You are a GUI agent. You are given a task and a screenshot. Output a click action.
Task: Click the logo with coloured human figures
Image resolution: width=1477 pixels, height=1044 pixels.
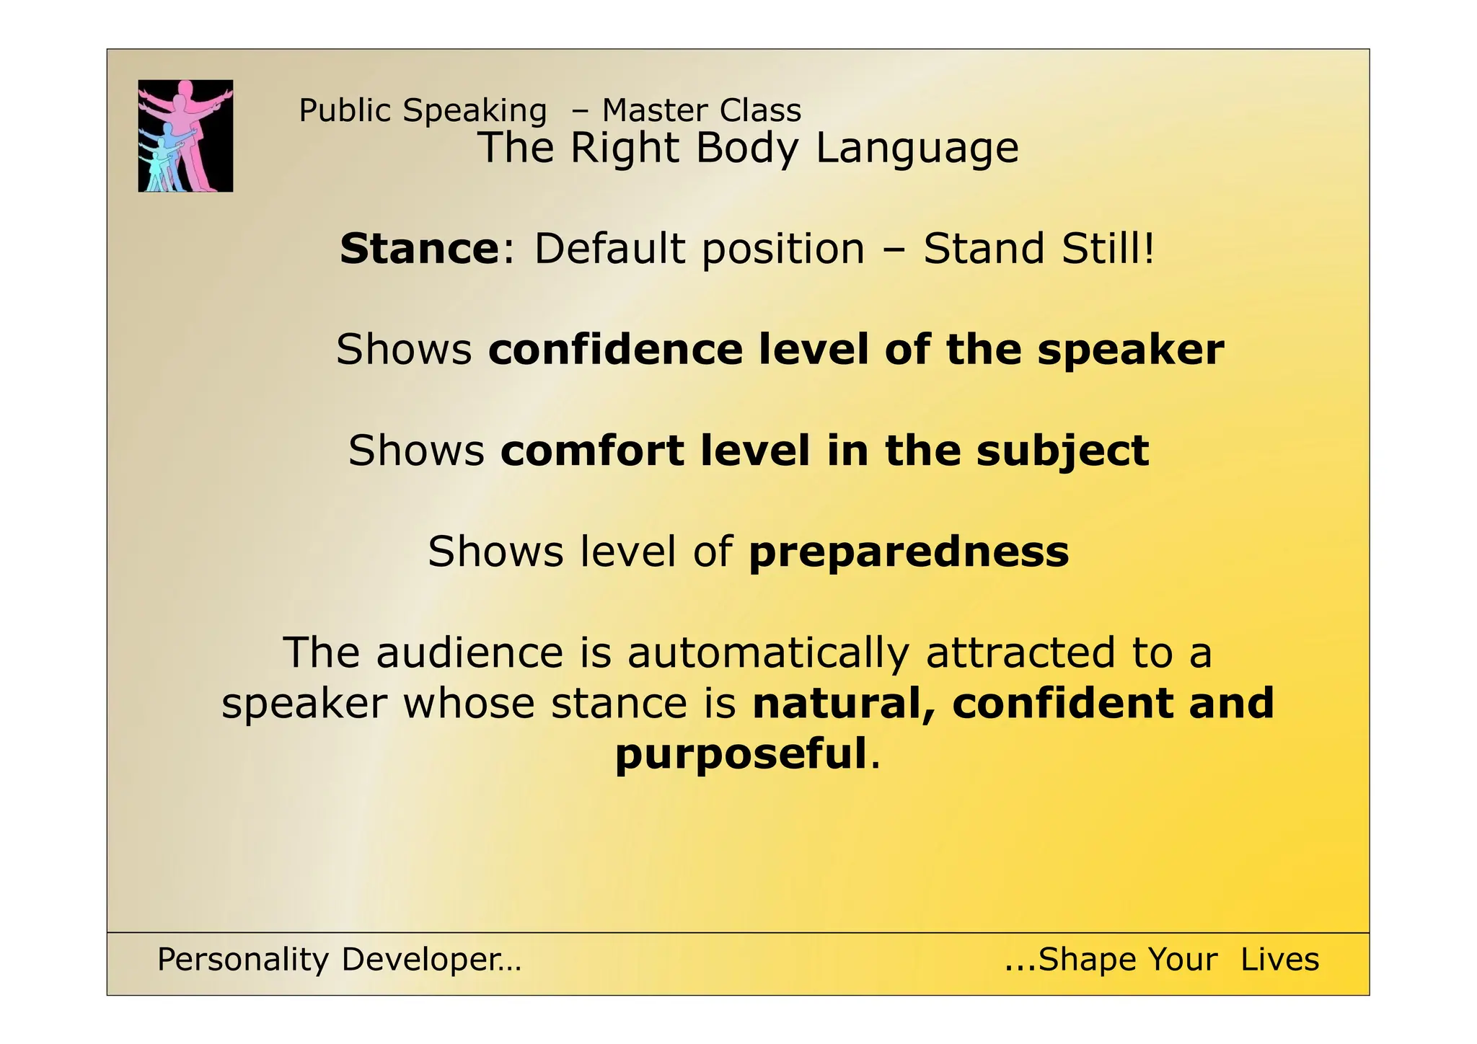(185, 136)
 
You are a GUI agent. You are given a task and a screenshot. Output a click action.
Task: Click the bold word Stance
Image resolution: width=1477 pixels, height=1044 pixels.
(419, 249)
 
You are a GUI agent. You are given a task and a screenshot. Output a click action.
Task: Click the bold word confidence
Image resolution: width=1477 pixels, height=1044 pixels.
(615, 350)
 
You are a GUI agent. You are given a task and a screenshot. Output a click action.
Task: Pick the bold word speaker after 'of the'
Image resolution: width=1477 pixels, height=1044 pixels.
(1130, 350)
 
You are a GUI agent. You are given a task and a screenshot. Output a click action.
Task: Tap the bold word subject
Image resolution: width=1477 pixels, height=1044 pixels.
(1062, 452)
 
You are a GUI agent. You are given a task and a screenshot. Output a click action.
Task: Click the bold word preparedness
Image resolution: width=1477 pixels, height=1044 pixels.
(909, 553)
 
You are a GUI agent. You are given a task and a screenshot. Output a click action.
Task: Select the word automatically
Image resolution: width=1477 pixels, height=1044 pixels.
(768, 653)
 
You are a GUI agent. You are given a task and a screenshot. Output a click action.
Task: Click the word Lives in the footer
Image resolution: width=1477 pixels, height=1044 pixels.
(1279, 960)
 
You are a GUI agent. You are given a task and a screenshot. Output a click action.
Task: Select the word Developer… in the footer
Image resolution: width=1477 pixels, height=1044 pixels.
(431, 960)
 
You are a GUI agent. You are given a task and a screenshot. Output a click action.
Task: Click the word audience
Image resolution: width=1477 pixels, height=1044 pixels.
(469, 653)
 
